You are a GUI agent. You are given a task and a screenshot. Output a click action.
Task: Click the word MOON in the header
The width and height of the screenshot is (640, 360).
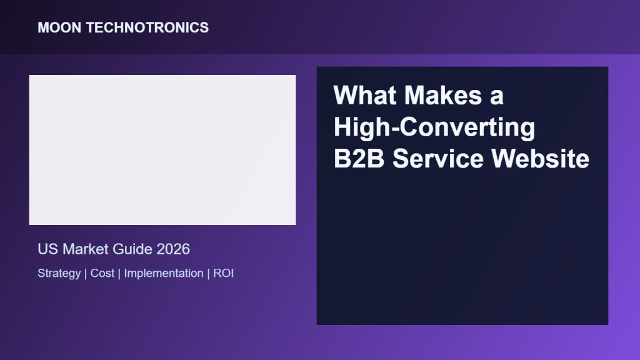click(59, 27)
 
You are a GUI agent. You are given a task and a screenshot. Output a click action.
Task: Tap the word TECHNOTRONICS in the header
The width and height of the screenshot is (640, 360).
click(147, 27)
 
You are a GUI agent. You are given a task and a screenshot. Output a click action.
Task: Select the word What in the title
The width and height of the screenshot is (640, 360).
click(365, 95)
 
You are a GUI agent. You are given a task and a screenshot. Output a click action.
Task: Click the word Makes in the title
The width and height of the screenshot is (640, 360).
click(443, 95)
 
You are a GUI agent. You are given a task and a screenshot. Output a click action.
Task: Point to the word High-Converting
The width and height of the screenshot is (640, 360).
click(434, 127)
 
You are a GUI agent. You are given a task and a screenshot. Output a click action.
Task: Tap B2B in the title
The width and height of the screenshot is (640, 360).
click(359, 158)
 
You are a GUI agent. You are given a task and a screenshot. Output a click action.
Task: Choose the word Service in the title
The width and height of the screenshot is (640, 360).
click(437, 158)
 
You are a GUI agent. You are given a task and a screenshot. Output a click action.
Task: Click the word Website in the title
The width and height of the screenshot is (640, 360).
click(541, 158)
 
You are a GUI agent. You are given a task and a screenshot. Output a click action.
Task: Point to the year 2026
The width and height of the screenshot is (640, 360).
click(173, 249)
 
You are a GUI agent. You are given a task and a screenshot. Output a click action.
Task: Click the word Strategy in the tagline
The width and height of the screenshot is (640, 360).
click(59, 274)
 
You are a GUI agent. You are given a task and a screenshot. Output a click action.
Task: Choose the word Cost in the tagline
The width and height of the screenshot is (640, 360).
click(102, 273)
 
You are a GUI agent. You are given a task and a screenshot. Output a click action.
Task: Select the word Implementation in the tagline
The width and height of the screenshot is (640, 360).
click(164, 274)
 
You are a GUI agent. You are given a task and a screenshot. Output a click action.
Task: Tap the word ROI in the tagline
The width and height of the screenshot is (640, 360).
click(223, 273)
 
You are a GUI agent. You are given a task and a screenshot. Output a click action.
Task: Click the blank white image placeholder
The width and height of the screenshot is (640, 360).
click(162, 150)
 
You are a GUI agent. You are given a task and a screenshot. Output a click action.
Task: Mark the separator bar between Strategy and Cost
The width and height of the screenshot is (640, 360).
click(86, 274)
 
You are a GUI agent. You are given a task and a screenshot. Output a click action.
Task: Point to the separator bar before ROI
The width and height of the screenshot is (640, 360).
click(209, 274)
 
